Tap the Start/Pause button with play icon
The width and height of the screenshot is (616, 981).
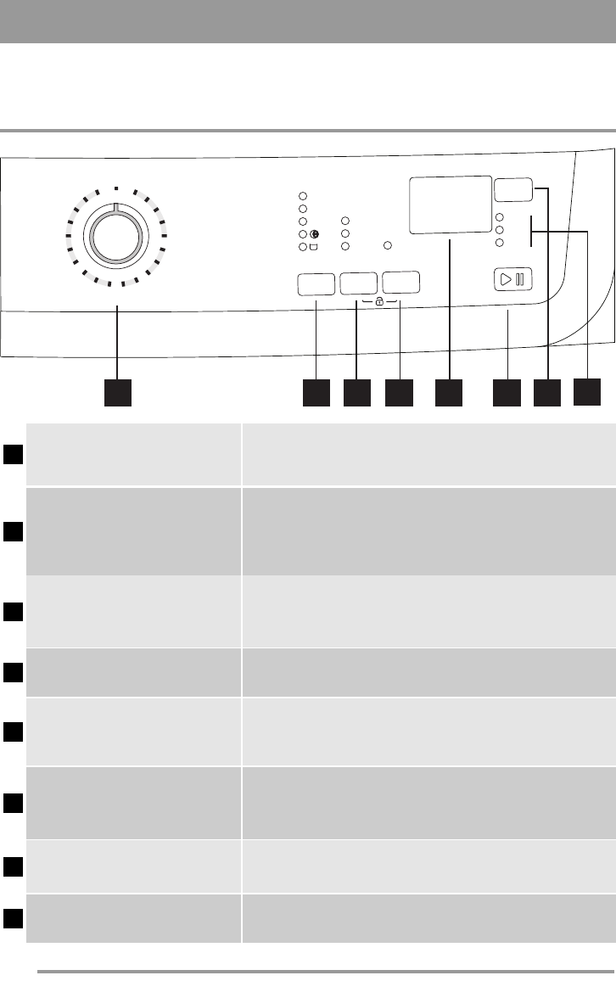click(513, 279)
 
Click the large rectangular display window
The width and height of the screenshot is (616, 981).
click(451, 205)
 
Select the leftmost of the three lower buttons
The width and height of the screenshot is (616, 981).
click(316, 283)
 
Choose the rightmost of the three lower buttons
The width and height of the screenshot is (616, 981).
click(400, 283)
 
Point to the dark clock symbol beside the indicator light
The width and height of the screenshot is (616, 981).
click(315, 234)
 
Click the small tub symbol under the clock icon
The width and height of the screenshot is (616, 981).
click(314, 247)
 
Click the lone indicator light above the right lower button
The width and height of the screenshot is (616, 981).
click(387, 246)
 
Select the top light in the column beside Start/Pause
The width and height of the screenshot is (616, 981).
click(500, 216)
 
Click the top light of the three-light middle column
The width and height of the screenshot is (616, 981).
click(345, 221)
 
